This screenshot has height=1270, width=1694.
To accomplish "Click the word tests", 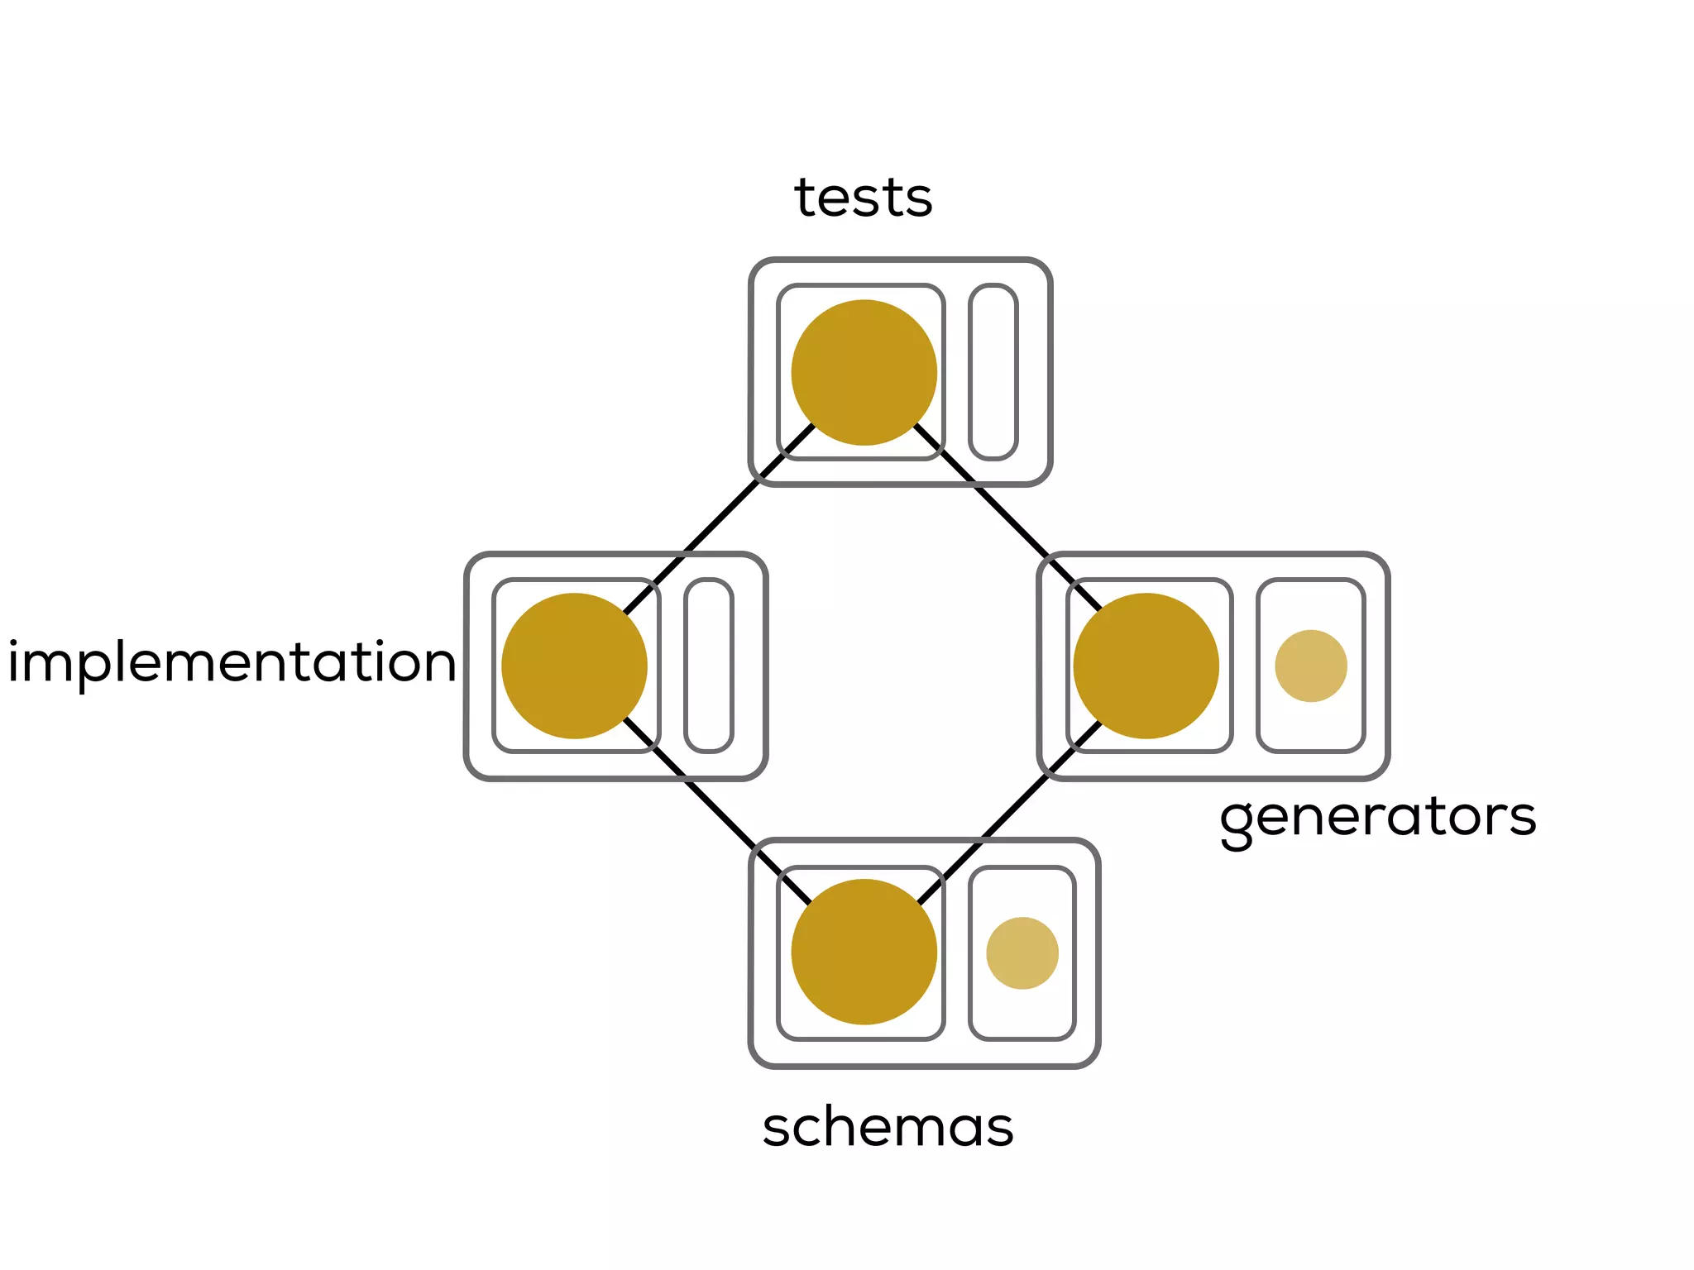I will [x=863, y=198].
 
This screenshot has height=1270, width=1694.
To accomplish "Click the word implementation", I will [x=232, y=662].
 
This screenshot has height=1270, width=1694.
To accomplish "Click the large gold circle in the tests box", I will [x=864, y=372].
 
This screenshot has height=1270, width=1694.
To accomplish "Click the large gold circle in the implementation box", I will [x=574, y=666].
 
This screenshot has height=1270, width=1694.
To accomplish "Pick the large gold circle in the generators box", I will [x=1146, y=666].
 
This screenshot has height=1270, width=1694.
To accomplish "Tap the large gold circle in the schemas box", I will [x=864, y=952].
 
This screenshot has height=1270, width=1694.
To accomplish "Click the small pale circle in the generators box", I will [x=1310, y=666].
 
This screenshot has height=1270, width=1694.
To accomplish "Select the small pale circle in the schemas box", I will [x=1022, y=952].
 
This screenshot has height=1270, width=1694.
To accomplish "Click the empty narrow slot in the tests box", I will [x=993, y=372].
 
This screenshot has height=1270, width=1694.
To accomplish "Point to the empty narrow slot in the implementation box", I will [x=709, y=666].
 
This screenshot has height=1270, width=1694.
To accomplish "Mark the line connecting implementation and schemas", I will [x=720, y=810].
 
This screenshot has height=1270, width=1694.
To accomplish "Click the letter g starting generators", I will [x=1236, y=823].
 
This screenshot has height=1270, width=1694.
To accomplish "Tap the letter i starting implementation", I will [x=14, y=661].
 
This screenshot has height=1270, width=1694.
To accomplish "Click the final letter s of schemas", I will [x=998, y=1129].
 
